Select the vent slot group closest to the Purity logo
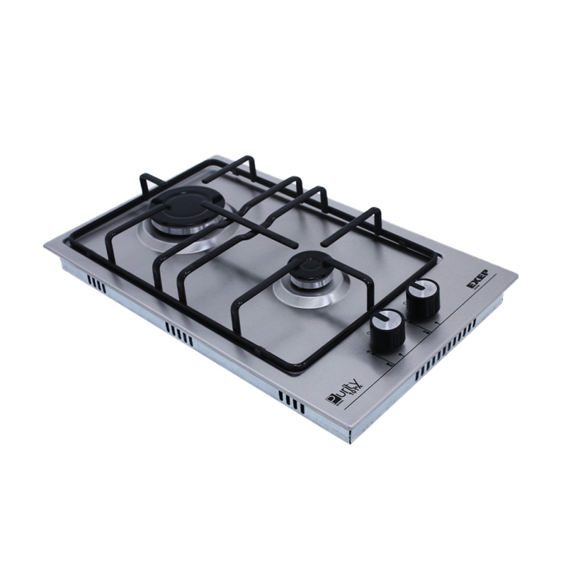[x=291, y=404]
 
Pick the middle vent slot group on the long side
[x=179, y=335]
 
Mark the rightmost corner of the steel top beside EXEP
[x=517, y=274]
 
